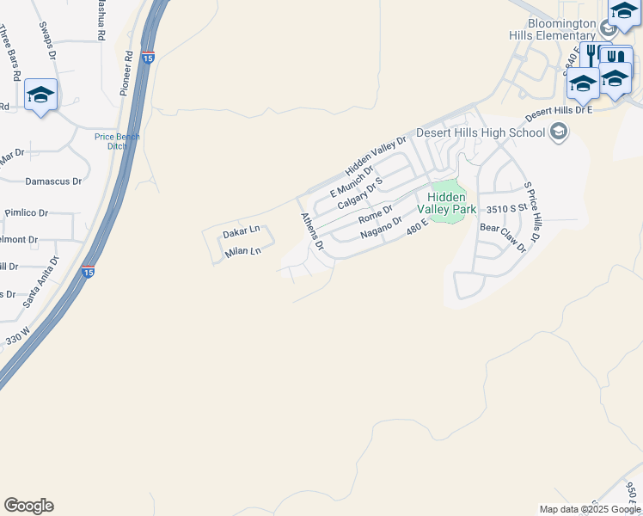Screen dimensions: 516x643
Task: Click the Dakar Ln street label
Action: click(x=242, y=232)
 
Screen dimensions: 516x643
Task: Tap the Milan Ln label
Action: click(x=242, y=252)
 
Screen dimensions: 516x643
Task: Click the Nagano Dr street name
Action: click(x=382, y=228)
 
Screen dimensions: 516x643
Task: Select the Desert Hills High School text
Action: click(x=481, y=132)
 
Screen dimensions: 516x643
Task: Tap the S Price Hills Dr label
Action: click(x=532, y=212)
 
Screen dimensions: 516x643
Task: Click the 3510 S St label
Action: click(x=505, y=209)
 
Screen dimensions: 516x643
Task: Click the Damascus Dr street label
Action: click(x=53, y=181)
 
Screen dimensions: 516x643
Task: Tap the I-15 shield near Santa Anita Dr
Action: click(x=88, y=272)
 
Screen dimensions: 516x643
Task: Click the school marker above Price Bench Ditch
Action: click(x=40, y=94)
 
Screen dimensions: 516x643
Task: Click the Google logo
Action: click(x=28, y=506)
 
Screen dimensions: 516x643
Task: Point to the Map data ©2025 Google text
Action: click(x=588, y=509)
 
